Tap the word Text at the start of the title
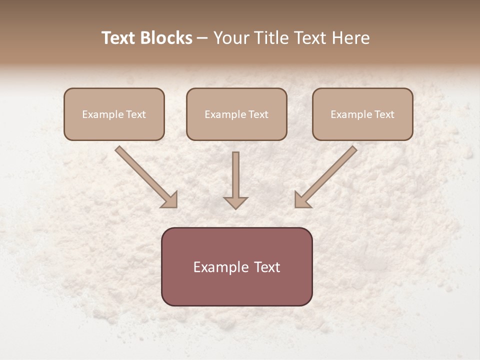pyautogui.click(x=118, y=38)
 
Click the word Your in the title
pyautogui.click(x=230, y=38)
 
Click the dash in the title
pyautogui.click(x=202, y=38)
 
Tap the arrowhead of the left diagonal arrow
pyautogui.click(x=170, y=200)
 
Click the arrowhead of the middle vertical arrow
pyautogui.click(x=235, y=202)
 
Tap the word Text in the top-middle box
pyautogui.click(x=258, y=114)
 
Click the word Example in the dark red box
pyautogui.click(x=221, y=267)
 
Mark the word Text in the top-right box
pyautogui.click(x=384, y=114)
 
